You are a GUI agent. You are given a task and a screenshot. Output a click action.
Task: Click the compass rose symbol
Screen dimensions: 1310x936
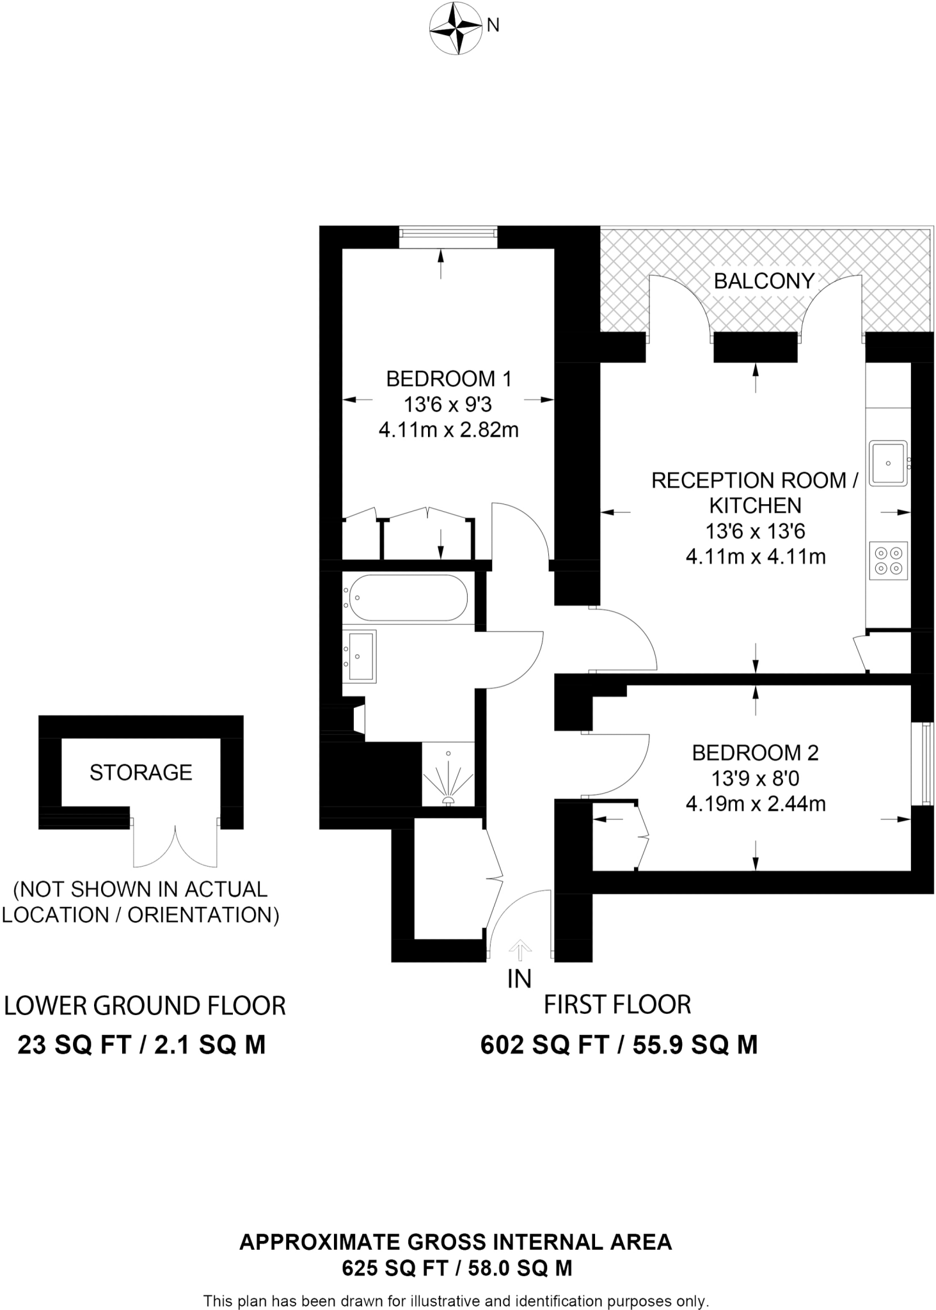coord(455,29)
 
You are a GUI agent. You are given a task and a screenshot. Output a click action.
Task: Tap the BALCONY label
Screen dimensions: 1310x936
coord(763,281)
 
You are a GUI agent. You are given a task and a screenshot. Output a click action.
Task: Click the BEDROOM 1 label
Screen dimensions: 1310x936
coord(448,379)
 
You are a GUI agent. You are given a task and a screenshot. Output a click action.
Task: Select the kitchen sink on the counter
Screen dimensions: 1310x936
coord(888,463)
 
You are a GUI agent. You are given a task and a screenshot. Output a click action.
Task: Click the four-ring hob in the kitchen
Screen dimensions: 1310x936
coord(888,560)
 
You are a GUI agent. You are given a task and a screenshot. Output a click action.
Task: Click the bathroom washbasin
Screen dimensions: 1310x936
coord(360,656)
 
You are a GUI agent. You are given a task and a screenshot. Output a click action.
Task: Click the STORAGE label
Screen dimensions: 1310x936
coord(141,773)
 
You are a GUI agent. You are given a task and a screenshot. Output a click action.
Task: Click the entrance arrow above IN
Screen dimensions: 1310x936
coord(520,951)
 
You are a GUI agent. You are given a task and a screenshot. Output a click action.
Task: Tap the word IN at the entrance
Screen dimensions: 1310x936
coord(519,979)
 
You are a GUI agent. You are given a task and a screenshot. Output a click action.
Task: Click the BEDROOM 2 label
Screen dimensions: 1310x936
coord(755,753)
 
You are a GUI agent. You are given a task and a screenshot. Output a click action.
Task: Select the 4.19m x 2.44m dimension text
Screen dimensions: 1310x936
coord(756,804)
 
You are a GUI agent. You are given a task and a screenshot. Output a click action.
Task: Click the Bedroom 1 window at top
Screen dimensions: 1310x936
coord(448,237)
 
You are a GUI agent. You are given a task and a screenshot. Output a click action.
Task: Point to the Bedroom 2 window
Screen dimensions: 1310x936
coord(925,764)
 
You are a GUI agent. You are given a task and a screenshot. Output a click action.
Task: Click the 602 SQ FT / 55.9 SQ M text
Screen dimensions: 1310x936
coord(619,1045)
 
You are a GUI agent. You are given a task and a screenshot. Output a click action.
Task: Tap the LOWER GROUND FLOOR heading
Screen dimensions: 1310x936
coord(145,1006)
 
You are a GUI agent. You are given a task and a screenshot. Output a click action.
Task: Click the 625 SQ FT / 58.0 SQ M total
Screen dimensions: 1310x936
coord(457,1267)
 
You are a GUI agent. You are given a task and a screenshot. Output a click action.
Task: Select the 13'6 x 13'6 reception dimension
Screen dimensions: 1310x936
coord(755,531)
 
